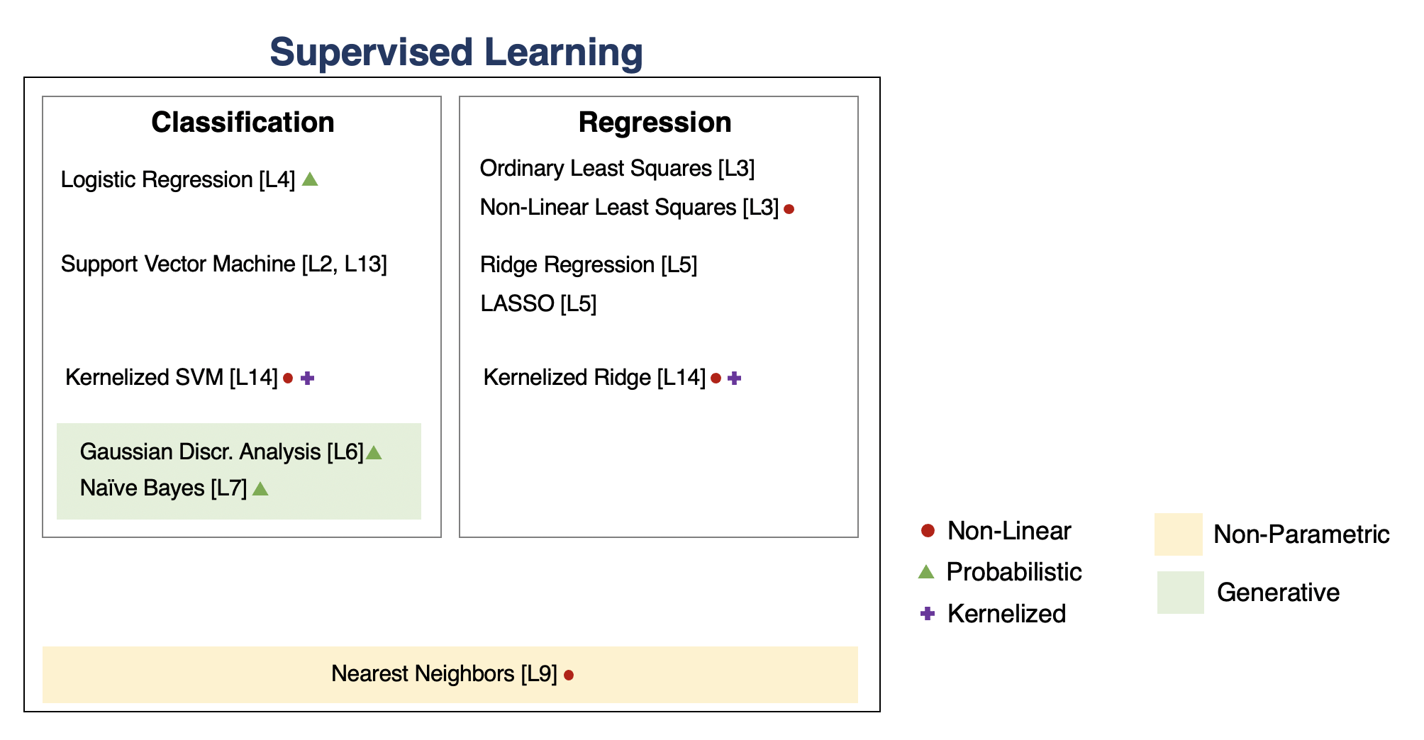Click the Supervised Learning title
click(x=456, y=53)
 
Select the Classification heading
click(x=243, y=122)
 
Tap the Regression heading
click(x=655, y=122)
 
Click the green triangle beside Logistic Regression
click(x=310, y=179)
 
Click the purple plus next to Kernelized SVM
click(x=307, y=378)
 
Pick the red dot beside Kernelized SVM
click(x=288, y=378)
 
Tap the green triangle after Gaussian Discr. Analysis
click(x=374, y=452)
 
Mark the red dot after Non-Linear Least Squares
click(x=789, y=209)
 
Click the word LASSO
click(x=517, y=303)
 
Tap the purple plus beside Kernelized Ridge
click(x=735, y=378)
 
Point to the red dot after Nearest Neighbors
click(x=569, y=675)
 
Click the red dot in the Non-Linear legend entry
click(x=928, y=530)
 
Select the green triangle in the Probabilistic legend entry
click(x=926, y=571)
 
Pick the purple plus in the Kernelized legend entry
click(x=928, y=613)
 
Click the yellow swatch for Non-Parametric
click(x=1179, y=534)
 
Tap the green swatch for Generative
click(x=1181, y=592)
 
